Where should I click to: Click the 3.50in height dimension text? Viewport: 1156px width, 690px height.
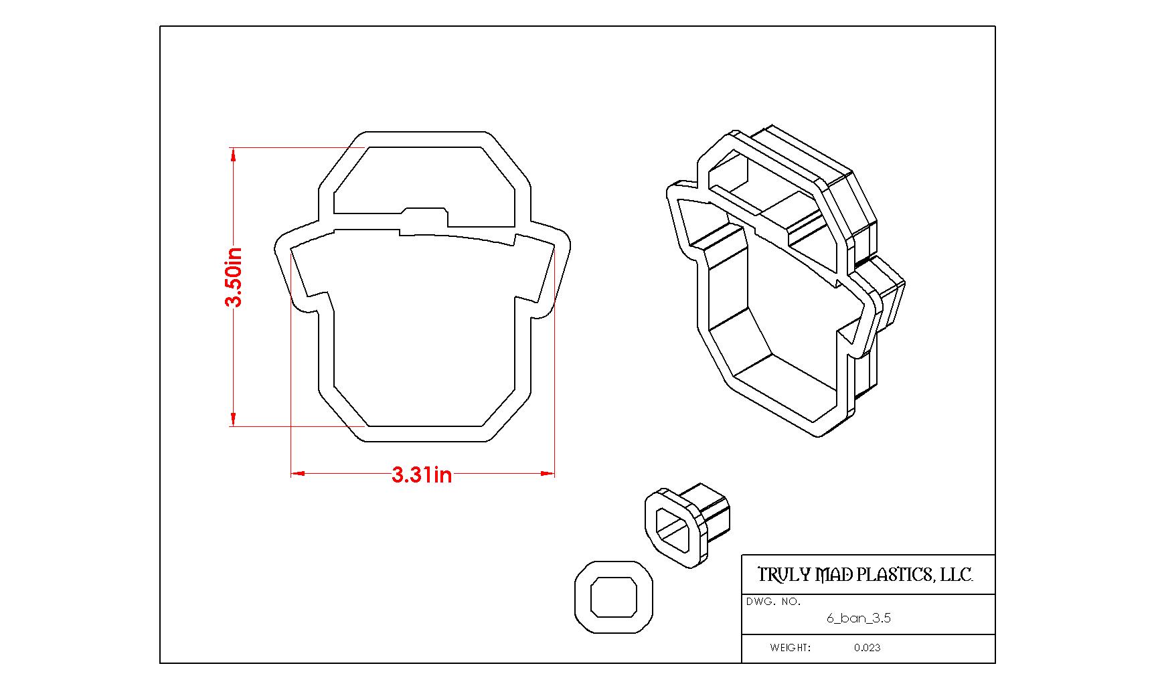click(x=234, y=277)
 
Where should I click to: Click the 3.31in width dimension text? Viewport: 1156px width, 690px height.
click(x=422, y=475)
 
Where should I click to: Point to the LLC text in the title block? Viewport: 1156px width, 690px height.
click(x=957, y=575)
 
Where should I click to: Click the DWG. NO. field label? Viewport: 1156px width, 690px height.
click(x=773, y=602)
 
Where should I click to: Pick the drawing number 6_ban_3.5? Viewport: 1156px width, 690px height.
click(x=859, y=618)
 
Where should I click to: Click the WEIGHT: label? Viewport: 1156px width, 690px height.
click(x=790, y=648)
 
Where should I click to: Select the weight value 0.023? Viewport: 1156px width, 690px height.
click(x=867, y=648)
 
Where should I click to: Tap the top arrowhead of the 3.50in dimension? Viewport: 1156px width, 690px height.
click(x=233, y=155)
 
